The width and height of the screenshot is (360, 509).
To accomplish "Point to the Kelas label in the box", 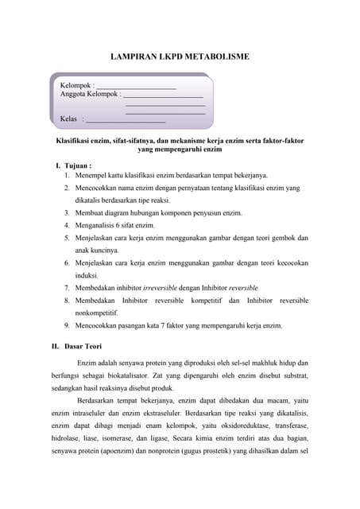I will point(69,119).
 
